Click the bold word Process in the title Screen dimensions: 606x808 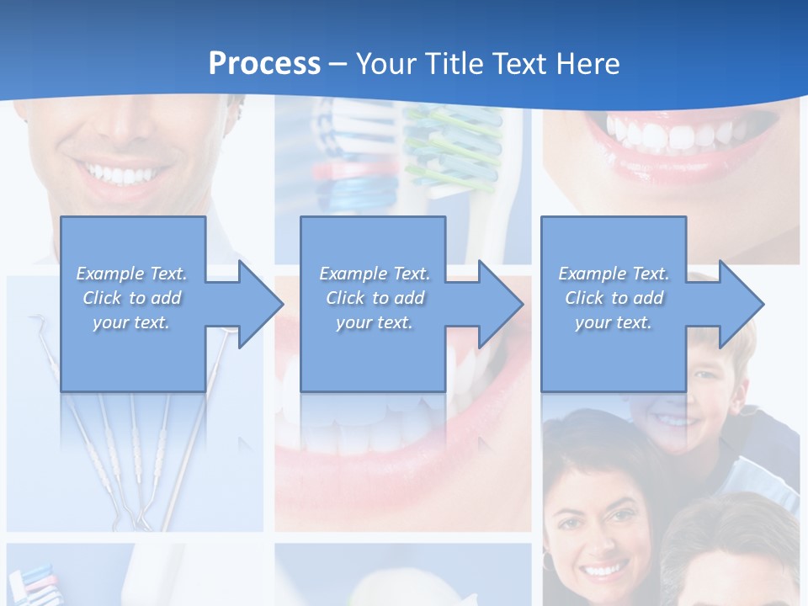tap(264, 64)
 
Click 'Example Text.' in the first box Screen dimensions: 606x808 tap(131, 274)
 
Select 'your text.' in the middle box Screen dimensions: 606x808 tap(374, 322)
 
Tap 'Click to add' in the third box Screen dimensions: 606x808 tap(614, 298)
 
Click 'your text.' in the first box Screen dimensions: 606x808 tap(131, 322)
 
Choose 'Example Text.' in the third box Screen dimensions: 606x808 tap(614, 274)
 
